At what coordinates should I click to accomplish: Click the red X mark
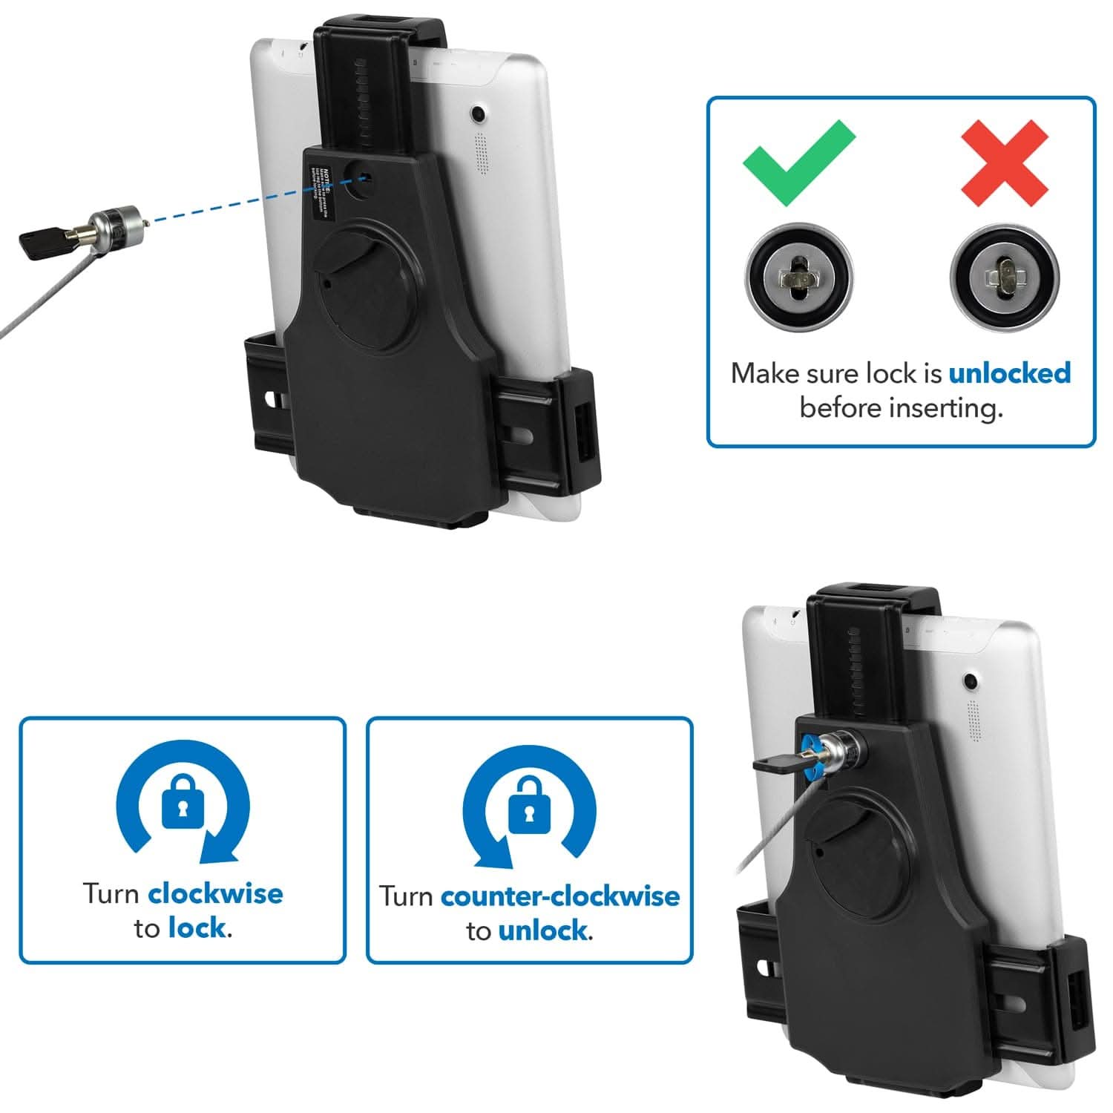tap(1004, 163)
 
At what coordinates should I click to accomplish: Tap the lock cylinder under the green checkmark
tap(798, 277)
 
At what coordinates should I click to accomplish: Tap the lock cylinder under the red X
tap(1005, 278)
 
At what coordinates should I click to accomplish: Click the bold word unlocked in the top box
tap(1009, 372)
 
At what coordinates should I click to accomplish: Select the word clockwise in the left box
tap(215, 893)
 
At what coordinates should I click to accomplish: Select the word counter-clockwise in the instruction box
tap(559, 896)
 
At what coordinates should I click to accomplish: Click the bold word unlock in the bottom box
tap(544, 930)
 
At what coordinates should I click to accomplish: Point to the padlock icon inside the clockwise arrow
tap(183, 802)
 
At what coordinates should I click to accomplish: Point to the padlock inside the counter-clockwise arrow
tap(528, 804)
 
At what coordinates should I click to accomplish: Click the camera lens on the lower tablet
tap(969, 680)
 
